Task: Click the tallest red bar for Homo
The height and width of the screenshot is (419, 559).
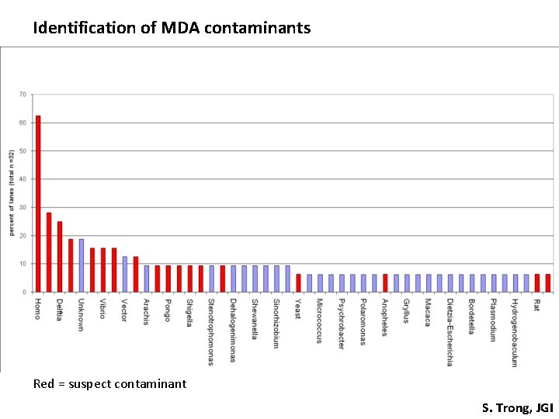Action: (38, 204)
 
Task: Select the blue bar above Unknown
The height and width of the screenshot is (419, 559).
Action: (82, 265)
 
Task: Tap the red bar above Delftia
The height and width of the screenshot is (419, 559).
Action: (60, 257)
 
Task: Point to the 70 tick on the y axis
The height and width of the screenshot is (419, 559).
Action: (23, 95)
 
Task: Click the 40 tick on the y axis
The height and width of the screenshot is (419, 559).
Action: (23, 179)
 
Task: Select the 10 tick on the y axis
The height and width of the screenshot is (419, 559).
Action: (23, 264)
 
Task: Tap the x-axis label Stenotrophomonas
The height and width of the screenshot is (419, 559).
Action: (210, 331)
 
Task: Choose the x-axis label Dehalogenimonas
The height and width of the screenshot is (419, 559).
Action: (232, 330)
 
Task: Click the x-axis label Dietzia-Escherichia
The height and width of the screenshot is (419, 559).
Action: (450, 332)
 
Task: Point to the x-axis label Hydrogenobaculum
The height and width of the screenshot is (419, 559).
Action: (514, 332)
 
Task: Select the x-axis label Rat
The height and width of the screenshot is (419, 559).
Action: (536, 306)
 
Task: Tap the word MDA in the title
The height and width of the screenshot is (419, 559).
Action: (180, 29)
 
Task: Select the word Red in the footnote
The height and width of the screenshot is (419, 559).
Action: (43, 383)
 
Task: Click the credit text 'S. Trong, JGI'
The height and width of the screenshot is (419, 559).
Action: (517, 407)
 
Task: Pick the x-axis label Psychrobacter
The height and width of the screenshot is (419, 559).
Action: (341, 324)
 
